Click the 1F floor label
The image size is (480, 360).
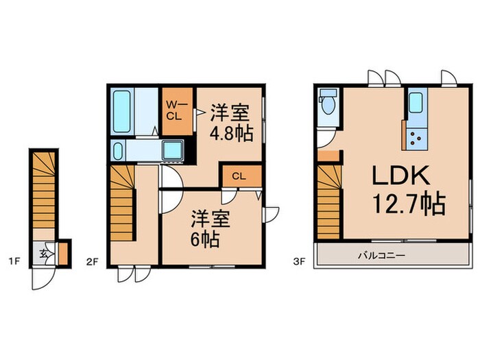coord(14,261)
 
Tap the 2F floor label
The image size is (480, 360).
coord(94,261)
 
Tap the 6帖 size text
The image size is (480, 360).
coord(206,240)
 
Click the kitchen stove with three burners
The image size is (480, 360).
coord(416,139)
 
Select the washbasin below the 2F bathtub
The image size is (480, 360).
coord(118,150)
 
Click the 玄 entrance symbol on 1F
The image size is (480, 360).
coord(43,253)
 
